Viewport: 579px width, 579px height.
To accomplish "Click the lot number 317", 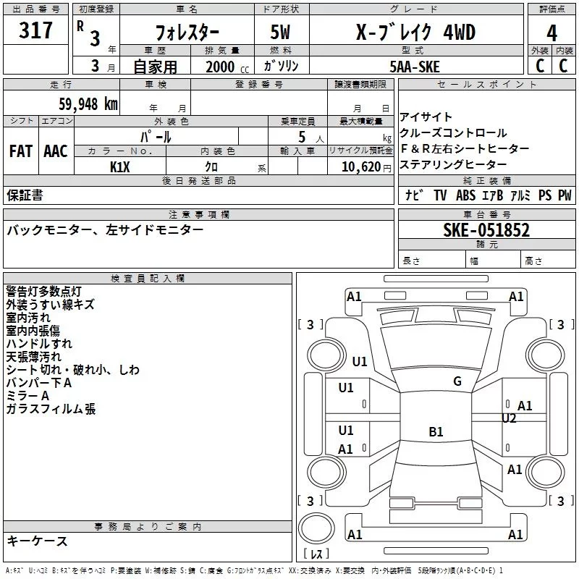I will point(36,30).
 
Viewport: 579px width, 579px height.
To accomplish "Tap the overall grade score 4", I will point(552,33).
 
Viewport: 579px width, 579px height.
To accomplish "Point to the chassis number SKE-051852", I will point(486,230).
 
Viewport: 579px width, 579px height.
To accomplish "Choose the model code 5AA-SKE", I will point(414,67).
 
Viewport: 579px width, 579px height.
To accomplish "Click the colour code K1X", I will point(120,166).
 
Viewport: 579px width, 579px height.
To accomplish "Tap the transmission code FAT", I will point(21,151).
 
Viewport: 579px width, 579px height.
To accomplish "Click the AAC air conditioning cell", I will point(56,151).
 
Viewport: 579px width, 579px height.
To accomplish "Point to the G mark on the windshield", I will point(457,381).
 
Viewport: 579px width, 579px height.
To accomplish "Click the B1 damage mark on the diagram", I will point(436,432).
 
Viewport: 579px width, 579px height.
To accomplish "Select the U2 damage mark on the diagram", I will point(509,418).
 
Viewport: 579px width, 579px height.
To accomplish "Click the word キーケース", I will point(38,541).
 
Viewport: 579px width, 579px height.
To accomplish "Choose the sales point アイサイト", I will point(426,117).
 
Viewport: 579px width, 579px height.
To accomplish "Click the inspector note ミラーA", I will point(28,396).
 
